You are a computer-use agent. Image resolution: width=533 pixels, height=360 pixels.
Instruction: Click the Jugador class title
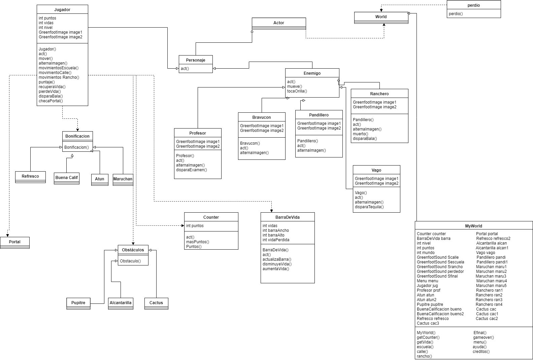click(62, 10)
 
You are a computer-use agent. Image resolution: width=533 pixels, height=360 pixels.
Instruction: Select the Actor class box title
click(279, 23)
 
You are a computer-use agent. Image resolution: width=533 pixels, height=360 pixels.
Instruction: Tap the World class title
click(381, 17)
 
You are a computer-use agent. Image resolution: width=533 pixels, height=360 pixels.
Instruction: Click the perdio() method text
click(456, 14)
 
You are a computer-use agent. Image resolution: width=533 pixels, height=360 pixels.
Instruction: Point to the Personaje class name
click(196, 60)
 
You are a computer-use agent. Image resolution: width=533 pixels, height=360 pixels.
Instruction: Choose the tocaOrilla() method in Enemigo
click(297, 91)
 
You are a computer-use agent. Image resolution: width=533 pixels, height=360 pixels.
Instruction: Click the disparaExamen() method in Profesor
click(191, 170)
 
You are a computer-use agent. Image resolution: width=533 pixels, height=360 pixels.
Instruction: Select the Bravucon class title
click(262, 117)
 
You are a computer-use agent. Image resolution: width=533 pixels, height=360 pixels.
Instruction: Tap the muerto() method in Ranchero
click(360, 134)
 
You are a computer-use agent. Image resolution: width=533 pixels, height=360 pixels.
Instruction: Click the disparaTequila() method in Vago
click(369, 207)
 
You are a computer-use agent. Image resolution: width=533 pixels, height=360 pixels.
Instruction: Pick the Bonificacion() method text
click(76, 147)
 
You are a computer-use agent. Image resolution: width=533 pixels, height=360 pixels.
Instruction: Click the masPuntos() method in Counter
click(197, 242)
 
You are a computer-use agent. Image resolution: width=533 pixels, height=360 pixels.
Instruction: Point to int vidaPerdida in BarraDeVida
click(276, 240)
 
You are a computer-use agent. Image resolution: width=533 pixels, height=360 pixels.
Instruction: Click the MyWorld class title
click(473, 226)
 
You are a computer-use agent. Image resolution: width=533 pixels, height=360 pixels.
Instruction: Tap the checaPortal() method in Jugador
click(51, 101)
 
